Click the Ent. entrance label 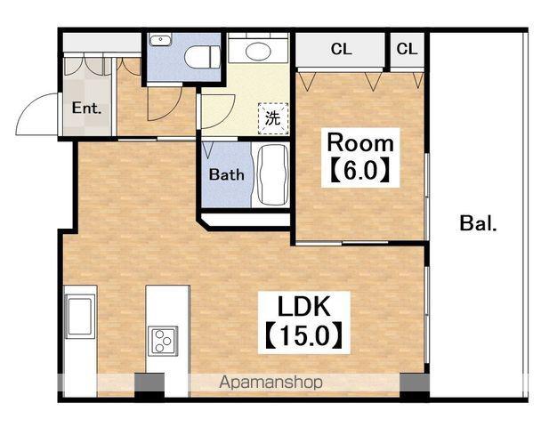[86, 109]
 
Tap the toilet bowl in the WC [202, 57]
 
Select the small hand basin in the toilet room [160, 40]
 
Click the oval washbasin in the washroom [258, 51]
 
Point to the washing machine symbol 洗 [273, 118]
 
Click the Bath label [226, 174]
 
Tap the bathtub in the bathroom [272, 175]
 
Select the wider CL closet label [341, 49]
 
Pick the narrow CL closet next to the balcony [408, 49]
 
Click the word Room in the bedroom [360, 143]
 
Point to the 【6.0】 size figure [360, 170]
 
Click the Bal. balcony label [478, 223]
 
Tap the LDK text [304, 307]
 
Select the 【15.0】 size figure [304, 335]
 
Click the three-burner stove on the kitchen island [163, 341]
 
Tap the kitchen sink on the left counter [80, 316]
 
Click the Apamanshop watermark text [271, 383]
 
